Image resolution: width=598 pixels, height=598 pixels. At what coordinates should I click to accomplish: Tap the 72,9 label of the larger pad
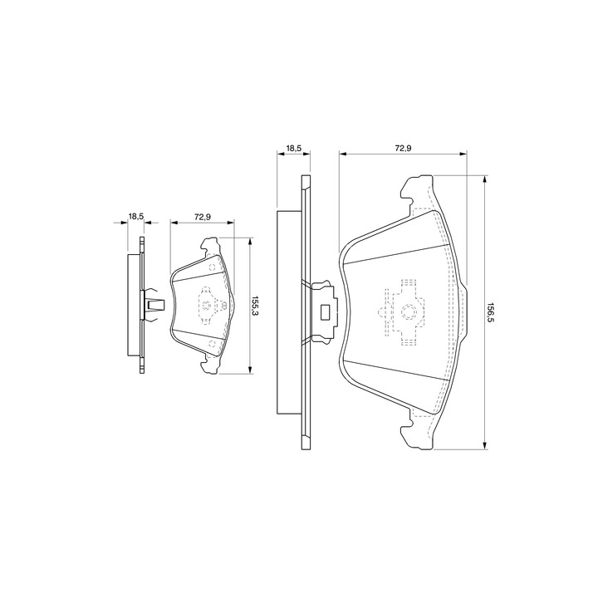point(402,149)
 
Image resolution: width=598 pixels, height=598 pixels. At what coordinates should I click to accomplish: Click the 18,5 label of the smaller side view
point(135,217)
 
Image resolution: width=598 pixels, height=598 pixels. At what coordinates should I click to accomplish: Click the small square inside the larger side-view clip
point(326,311)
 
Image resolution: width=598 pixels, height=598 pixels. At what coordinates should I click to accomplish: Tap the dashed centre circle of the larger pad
point(408,311)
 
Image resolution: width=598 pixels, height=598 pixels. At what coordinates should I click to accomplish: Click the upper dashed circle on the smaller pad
point(213,267)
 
